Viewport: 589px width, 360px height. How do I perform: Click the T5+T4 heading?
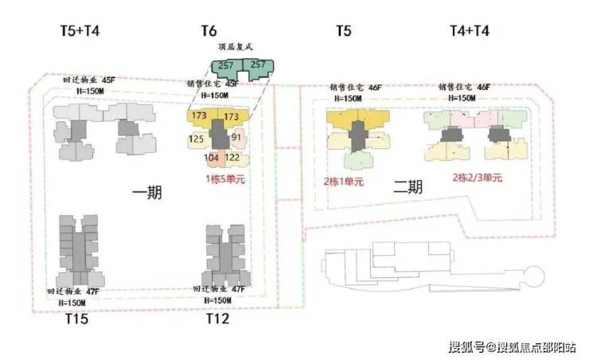(80, 32)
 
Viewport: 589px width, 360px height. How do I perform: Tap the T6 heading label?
(209, 32)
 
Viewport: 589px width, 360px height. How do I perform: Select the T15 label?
(76, 319)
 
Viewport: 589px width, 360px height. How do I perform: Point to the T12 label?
(218, 319)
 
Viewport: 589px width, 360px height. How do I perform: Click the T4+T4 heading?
(470, 32)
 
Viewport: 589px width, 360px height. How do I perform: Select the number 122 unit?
(232, 158)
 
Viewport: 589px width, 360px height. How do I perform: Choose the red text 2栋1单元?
(343, 182)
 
